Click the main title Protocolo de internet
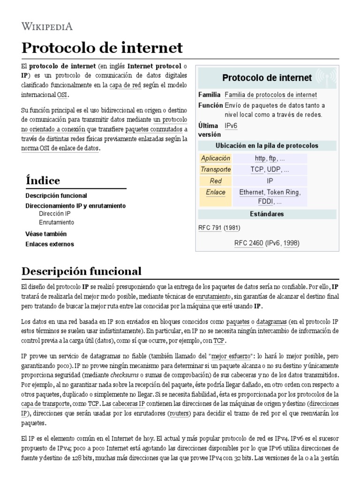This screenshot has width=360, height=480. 102,47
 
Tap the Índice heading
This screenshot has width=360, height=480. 43,180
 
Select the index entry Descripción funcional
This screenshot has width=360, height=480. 56,195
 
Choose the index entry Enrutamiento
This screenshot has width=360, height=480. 56,222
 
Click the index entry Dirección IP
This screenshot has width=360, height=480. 55,214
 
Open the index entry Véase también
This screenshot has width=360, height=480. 46,233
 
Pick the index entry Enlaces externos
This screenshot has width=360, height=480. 49,244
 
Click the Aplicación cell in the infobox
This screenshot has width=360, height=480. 215,158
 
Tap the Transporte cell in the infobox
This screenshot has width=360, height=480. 215,169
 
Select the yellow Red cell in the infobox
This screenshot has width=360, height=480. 215,181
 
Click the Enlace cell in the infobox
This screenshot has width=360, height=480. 215,192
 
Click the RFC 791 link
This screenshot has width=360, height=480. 210,228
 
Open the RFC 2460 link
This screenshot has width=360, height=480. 248,243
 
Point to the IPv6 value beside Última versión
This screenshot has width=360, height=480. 231,126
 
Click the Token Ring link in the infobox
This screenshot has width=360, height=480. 283,192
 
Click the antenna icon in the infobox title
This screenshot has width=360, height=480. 325,77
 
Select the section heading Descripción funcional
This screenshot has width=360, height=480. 81,271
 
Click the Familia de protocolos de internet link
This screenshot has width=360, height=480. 270,95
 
